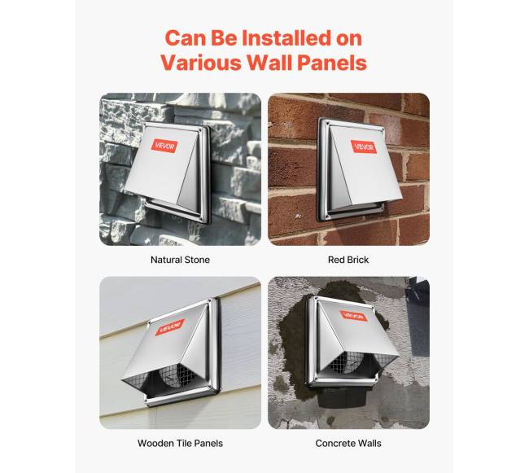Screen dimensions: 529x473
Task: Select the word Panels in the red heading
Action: click(x=331, y=63)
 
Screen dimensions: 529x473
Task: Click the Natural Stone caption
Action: click(x=180, y=260)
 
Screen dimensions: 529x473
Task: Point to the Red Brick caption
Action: click(x=348, y=260)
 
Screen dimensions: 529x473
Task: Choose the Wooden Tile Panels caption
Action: click(x=180, y=444)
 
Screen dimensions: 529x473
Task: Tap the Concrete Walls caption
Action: click(x=348, y=444)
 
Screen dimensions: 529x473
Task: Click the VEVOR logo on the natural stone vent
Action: click(x=164, y=146)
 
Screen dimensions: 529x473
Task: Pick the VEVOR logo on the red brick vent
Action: click(x=364, y=147)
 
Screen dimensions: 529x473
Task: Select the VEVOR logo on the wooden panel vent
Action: click(x=170, y=327)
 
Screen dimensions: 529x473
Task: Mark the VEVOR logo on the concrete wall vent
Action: click(x=354, y=317)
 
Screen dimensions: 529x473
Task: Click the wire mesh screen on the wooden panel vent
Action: click(x=174, y=375)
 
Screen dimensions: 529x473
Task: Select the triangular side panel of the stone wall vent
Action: click(x=189, y=182)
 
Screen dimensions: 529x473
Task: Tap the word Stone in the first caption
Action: click(x=198, y=260)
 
